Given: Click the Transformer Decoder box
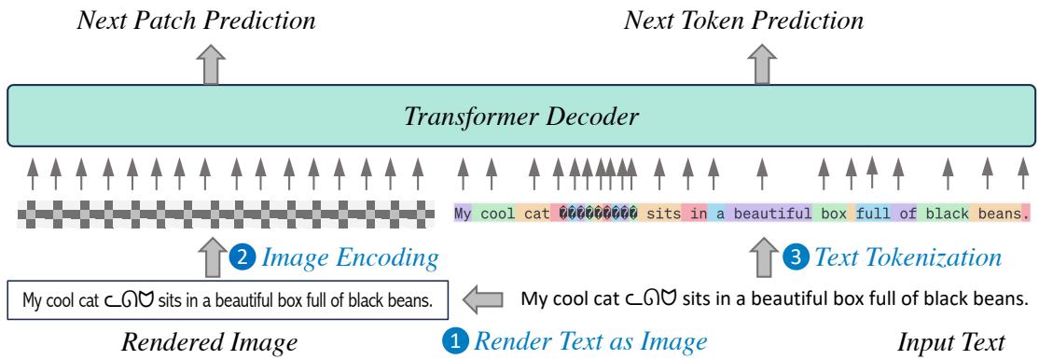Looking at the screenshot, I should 519,118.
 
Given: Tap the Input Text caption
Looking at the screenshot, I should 950,341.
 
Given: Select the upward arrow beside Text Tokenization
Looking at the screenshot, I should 762,255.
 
